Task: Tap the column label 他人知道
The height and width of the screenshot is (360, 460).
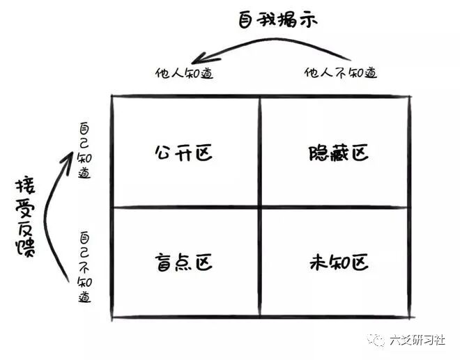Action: tap(184, 72)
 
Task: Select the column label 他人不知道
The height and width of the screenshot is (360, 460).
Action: tap(342, 72)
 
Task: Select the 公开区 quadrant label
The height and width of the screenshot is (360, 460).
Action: tap(183, 152)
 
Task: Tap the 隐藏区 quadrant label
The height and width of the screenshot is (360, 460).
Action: tap(337, 152)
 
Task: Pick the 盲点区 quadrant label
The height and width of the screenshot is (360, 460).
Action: tap(183, 263)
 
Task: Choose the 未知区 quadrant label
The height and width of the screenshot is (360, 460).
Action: tap(337, 263)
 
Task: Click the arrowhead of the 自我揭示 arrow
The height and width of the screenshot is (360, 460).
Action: tap(201, 60)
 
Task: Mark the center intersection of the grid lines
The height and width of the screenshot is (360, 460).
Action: tap(260, 207)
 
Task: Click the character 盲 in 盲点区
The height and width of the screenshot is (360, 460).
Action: tap(163, 263)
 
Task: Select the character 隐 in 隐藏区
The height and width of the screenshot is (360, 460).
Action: tap(316, 152)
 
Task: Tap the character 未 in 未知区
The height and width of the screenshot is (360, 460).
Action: tap(317, 263)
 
